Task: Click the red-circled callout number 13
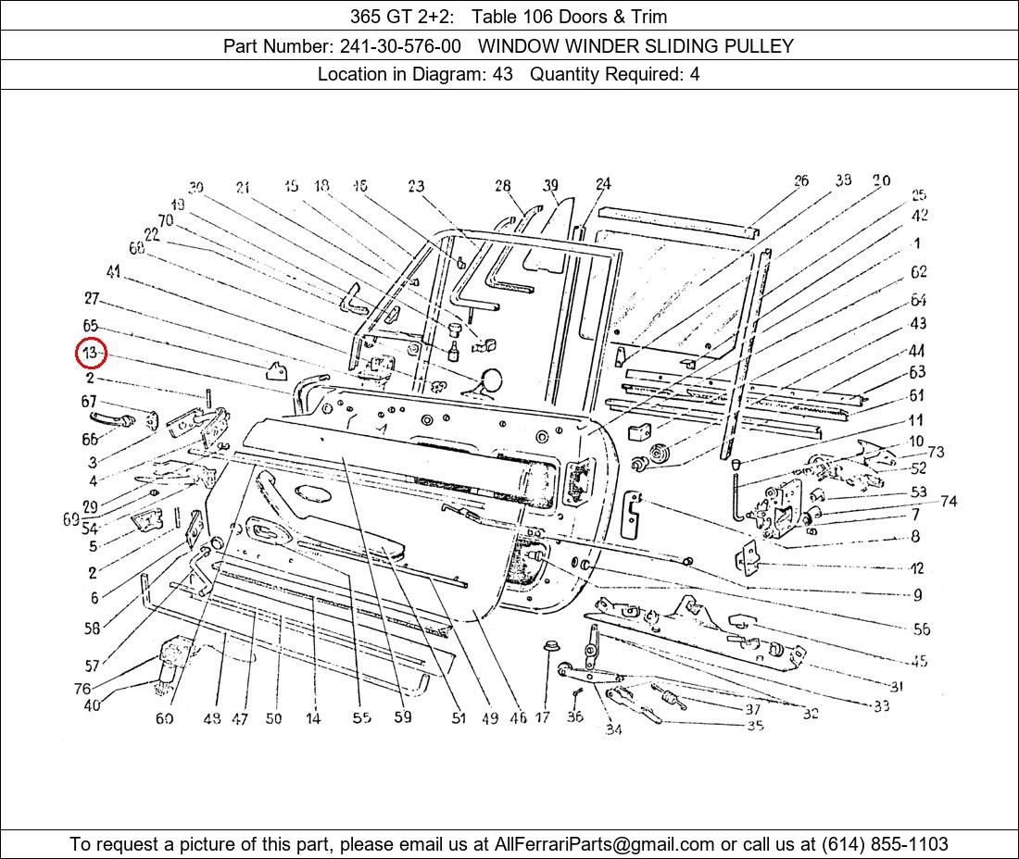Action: click(91, 354)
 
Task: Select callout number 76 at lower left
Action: click(82, 689)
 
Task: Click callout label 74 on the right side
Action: click(948, 502)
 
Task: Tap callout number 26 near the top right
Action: click(801, 181)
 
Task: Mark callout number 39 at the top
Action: click(551, 186)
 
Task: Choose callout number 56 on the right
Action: click(921, 629)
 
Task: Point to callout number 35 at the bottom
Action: click(755, 726)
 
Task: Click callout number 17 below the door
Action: click(543, 717)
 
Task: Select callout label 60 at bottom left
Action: click(164, 718)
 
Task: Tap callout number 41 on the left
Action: click(113, 272)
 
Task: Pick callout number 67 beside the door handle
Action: click(89, 402)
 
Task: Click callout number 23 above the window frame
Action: click(416, 187)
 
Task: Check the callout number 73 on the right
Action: click(936, 452)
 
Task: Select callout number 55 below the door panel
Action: click(361, 717)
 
